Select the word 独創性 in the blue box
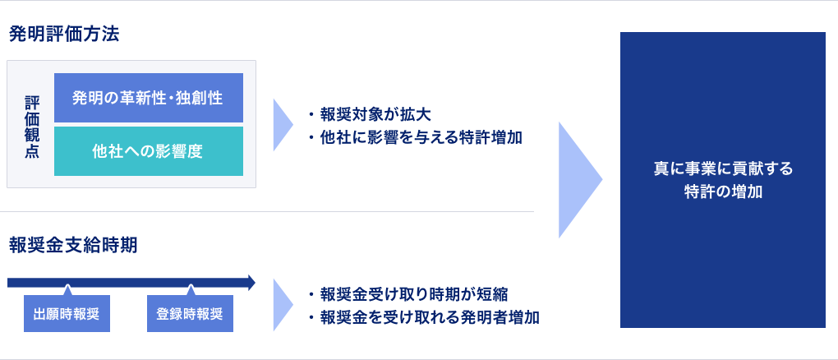click(x=200, y=98)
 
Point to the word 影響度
click(x=181, y=151)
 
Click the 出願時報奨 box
click(x=67, y=314)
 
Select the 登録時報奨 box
click(x=190, y=314)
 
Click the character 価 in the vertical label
click(x=31, y=118)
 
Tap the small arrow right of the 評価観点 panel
click(x=283, y=125)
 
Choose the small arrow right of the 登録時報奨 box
click(x=283, y=304)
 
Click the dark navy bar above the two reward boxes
click(x=131, y=282)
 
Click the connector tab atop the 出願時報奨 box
click(x=67, y=288)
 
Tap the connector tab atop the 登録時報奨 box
click(x=191, y=288)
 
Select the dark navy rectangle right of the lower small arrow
click(x=427, y=305)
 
